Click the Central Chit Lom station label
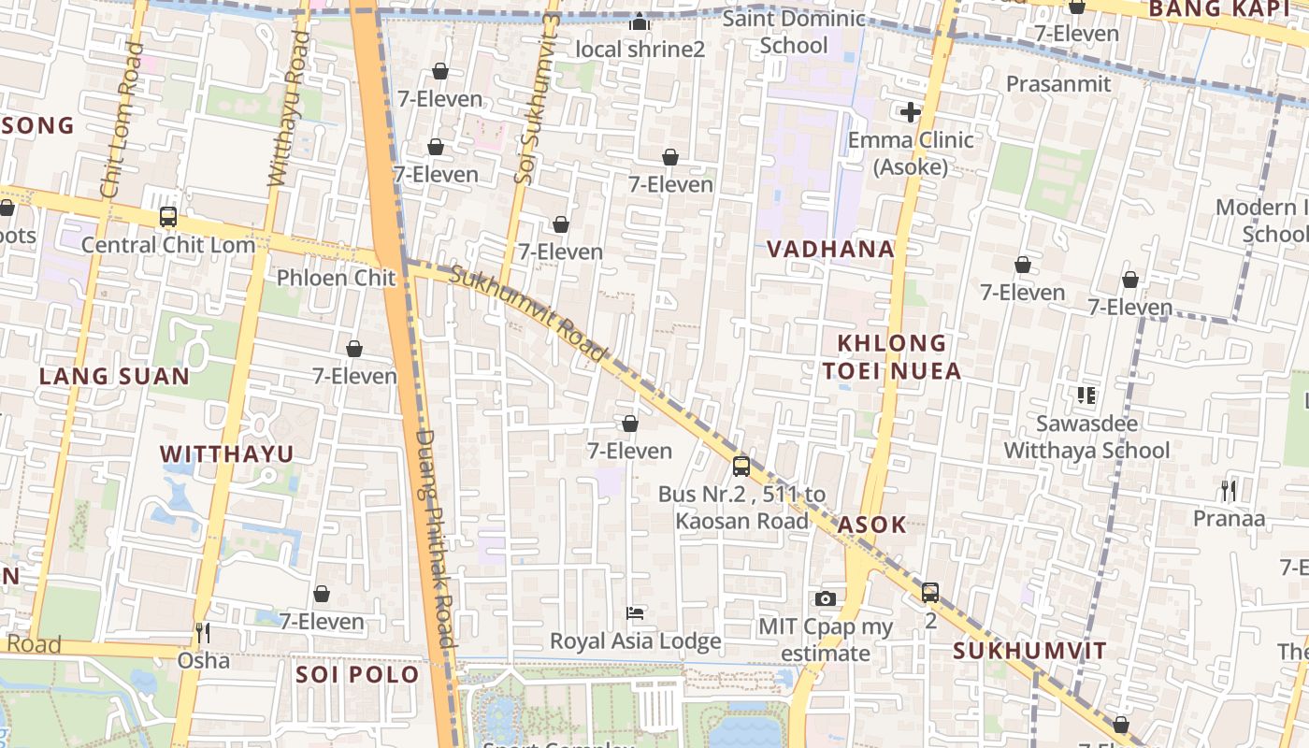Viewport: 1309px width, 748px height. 168,245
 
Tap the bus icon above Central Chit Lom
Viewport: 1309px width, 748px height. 168,217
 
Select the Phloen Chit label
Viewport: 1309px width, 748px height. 337,278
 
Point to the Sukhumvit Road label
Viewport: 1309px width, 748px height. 529,314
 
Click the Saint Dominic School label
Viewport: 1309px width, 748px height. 794,32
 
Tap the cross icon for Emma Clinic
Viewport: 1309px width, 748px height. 911,113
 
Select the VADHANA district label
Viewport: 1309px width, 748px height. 831,250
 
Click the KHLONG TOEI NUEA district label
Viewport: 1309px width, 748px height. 892,357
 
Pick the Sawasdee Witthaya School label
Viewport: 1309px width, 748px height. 1086,437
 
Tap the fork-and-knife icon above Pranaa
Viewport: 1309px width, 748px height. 1229,490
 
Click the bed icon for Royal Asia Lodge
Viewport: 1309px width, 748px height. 635,613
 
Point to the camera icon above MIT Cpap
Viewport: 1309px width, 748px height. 826,598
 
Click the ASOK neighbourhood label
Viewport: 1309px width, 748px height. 871,525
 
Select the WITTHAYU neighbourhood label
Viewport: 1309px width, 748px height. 227,454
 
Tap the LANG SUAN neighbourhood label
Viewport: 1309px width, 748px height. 114,377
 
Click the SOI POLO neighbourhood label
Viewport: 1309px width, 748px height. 357,674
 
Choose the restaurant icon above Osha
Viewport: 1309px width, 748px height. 202,633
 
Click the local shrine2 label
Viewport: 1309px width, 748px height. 640,49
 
